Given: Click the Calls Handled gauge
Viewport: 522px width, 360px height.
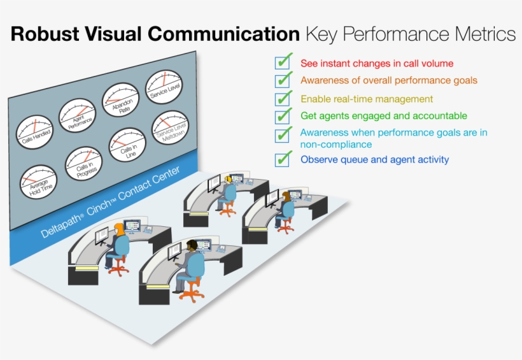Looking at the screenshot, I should click(x=34, y=131).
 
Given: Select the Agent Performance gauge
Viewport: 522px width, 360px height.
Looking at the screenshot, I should click(x=77, y=115).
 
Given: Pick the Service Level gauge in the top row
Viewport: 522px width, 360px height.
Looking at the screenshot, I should click(x=164, y=86).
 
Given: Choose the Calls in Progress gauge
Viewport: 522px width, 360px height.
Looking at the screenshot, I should click(x=83, y=162).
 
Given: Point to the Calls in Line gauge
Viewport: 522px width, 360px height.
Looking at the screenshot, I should click(x=127, y=145).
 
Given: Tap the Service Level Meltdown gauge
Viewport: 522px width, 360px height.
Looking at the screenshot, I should click(x=170, y=127).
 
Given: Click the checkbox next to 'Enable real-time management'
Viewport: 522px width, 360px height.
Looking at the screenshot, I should click(x=283, y=99).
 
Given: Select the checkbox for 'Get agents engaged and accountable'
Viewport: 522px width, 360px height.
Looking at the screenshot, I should click(x=283, y=116).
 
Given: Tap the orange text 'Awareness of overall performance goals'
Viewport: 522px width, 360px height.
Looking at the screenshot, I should click(x=388, y=81).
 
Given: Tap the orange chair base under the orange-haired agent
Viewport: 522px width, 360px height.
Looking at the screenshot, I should click(x=118, y=268).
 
